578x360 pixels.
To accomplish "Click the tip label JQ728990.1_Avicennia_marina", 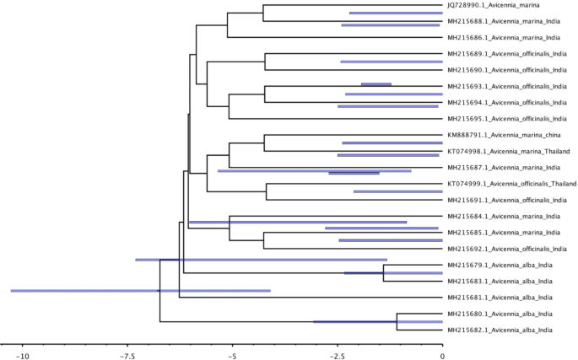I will [x=492, y=5].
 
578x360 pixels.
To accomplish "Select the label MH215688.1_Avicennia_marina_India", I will [x=502, y=21].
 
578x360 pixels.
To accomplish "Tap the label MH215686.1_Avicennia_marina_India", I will [x=502, y=37].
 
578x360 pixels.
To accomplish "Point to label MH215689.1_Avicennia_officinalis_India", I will [x=506, y=53].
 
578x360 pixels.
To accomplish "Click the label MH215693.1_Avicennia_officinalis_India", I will [x=506, y=86].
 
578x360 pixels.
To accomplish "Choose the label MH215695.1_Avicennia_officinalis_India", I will [x=506, y=118].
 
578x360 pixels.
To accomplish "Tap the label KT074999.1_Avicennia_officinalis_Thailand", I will [x=511, y=183].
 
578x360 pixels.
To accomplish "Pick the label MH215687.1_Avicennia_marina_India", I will [x=502, y=167].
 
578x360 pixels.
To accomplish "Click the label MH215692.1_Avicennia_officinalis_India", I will [x=506, y=249].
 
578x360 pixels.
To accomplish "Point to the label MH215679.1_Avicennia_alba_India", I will [x=500, y=265].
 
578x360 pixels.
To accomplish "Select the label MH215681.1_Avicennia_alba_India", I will [x=500, y=297].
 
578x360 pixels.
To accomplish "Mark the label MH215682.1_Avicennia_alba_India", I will [x=500, y=330].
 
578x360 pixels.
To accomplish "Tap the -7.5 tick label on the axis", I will [x=127, y=355].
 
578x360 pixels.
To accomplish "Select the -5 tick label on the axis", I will [x=231, y=355].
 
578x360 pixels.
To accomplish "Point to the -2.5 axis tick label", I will [x=337, y=355].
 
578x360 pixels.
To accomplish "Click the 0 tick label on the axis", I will [x=441, y=355].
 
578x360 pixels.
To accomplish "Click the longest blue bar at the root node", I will [x=140, y=290].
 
